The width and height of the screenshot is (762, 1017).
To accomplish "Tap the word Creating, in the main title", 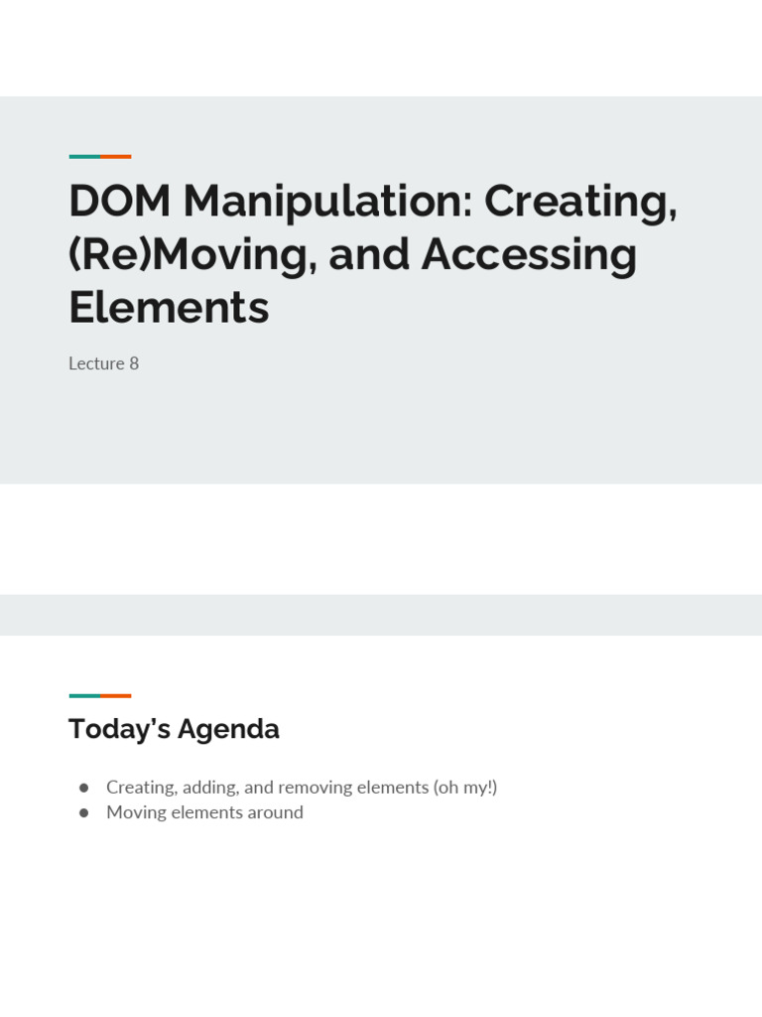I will (x=580, y=202).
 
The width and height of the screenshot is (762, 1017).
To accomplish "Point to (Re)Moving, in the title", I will (x=190, y=255).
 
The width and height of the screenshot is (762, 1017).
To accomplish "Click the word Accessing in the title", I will (x=529, y=255).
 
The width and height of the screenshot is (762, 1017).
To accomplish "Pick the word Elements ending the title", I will (x=169, y=308).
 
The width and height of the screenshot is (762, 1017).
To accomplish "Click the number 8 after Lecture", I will (x=134, y=363).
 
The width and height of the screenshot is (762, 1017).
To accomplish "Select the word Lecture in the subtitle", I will (x=96, y=363).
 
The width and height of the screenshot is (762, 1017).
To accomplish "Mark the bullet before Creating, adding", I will (x=84, y=788).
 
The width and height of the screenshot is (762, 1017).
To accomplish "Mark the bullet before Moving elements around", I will (x=84, y=812).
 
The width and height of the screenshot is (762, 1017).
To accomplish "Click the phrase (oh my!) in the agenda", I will (x=465, y=788).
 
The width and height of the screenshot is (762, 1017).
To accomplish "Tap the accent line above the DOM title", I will (x=99, y=156).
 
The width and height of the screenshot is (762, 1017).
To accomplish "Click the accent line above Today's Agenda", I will (x=99, y=695).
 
